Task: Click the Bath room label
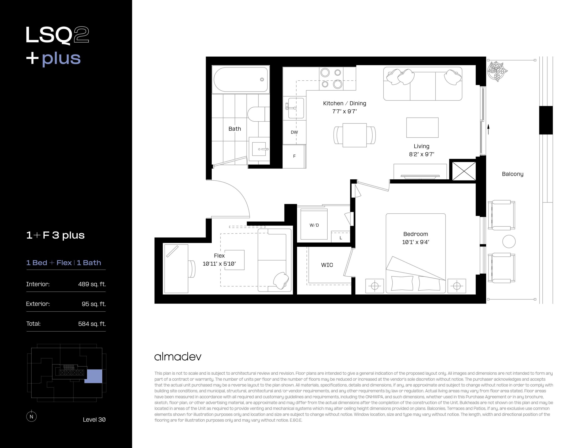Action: coord(235,129)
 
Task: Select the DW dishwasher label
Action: coord(294,132)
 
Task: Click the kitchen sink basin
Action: coord(296,108)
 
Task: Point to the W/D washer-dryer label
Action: coord(314,225)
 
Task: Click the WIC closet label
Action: coord(327,265)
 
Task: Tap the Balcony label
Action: coord(512,174)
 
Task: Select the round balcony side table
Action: coord(509,242)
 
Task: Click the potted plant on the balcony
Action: coord(497,71)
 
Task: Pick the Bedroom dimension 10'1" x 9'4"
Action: coord(415,242)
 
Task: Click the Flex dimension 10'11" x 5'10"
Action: coord(219,264)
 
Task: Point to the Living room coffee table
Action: coord(422,128)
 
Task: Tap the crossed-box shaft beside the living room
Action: coord(464,171)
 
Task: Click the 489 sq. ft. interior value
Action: coord(92,284)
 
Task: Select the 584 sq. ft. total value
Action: coord(92,324)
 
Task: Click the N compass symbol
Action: coord(31,416)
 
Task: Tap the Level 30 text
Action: coord(94,420)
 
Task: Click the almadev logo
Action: coord(178,357)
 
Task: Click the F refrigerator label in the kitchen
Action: coord(294,156)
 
